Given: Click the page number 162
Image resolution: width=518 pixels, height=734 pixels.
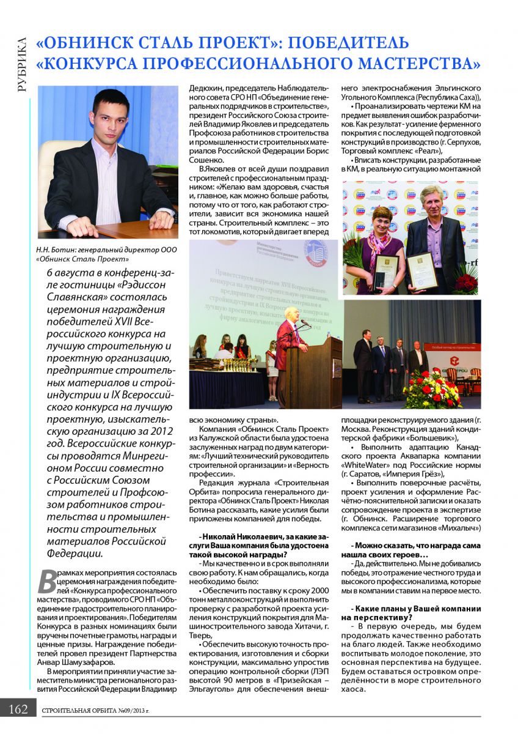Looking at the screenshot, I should pos(18,709).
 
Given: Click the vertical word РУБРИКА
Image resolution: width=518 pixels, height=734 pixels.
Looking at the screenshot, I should pos(22,64).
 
